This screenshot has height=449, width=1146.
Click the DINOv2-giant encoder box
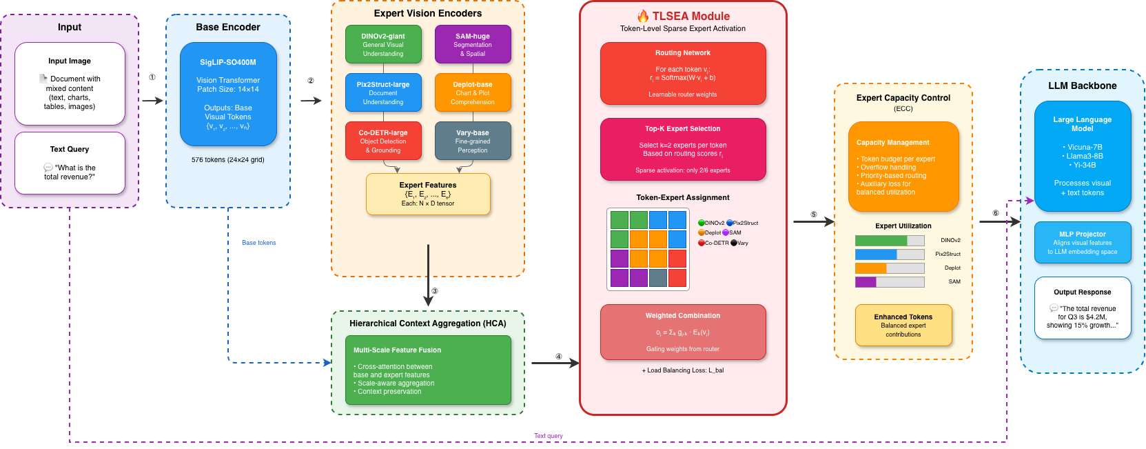click(x=383, y=44)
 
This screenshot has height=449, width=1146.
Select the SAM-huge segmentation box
click(x=473, y=44)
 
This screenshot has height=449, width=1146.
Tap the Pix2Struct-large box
click(x=383, y=92)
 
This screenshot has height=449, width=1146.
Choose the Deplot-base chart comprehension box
click(x=473, y=92)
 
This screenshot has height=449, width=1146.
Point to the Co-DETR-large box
click(x=383, y=141)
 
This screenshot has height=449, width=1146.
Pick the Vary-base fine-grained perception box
click(x=473, y=141)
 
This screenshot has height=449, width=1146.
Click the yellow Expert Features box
click(x=428, y=194)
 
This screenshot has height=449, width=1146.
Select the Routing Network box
click(x=683, y=73)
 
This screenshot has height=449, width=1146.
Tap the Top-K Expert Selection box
click(x=683, y=149)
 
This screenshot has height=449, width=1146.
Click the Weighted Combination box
click(x=683, y=332)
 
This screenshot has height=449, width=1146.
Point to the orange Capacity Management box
click(x=903, y=166)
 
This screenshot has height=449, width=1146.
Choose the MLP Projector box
click(x=1083, y=242)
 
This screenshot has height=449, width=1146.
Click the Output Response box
click(x=1083, y=308)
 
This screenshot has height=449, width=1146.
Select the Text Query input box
click(x=70, y=163)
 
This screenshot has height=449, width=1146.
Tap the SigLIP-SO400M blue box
click(x=228, y=94)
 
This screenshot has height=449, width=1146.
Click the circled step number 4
click(x=559, y=357)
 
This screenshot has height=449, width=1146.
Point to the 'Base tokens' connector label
click(x=259, y=243)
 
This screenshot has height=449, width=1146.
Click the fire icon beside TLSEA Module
click(x=643, y=16)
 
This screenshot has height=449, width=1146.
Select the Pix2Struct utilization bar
click(x=890, y=255)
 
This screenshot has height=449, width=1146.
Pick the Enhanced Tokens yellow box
click(x=903, y=325)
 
